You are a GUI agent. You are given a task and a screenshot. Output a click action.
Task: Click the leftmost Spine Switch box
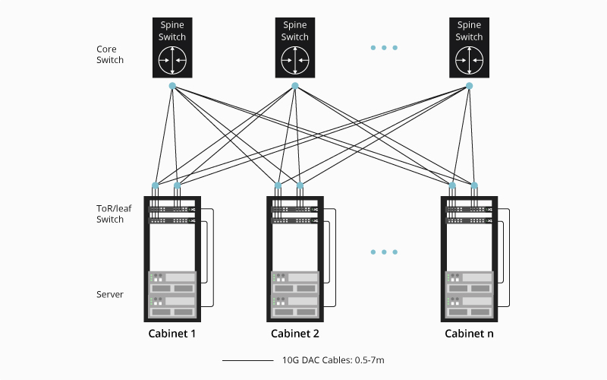(172, 47)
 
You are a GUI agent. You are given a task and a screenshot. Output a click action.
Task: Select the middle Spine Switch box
(294, 47)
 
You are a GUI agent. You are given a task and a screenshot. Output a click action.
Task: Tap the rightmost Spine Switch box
(469, 47)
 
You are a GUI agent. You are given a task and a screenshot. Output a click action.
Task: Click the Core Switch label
(110, 55)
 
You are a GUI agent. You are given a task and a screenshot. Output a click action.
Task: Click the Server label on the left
(110, 294)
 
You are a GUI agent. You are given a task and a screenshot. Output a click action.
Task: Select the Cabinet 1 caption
(172, 334)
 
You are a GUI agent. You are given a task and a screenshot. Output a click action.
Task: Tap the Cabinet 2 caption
(294, 334)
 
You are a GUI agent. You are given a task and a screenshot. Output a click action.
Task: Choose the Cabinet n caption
(469, 334)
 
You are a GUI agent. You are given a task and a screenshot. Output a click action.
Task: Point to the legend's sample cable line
(248, 360)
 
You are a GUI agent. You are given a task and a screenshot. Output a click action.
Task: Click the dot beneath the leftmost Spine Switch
(172, 85)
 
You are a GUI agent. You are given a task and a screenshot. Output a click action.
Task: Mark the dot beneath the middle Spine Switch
(294, 85)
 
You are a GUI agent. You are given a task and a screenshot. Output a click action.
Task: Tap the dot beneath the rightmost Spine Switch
(469, 85)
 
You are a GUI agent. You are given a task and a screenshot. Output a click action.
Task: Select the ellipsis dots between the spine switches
(384, 48)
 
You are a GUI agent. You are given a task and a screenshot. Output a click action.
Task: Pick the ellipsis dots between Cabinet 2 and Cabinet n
(384, 252)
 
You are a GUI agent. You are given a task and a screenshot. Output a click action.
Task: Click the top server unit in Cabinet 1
(172, 283)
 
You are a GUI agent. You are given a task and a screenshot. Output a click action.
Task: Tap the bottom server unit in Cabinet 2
(294, 306)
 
